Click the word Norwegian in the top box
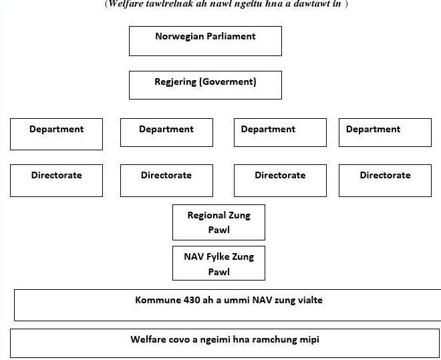180,37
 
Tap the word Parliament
231,36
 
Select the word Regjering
176,82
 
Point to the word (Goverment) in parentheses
228,81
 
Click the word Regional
206,216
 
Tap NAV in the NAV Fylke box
194,256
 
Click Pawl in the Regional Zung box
218,230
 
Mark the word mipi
310,340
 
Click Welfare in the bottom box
148,339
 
